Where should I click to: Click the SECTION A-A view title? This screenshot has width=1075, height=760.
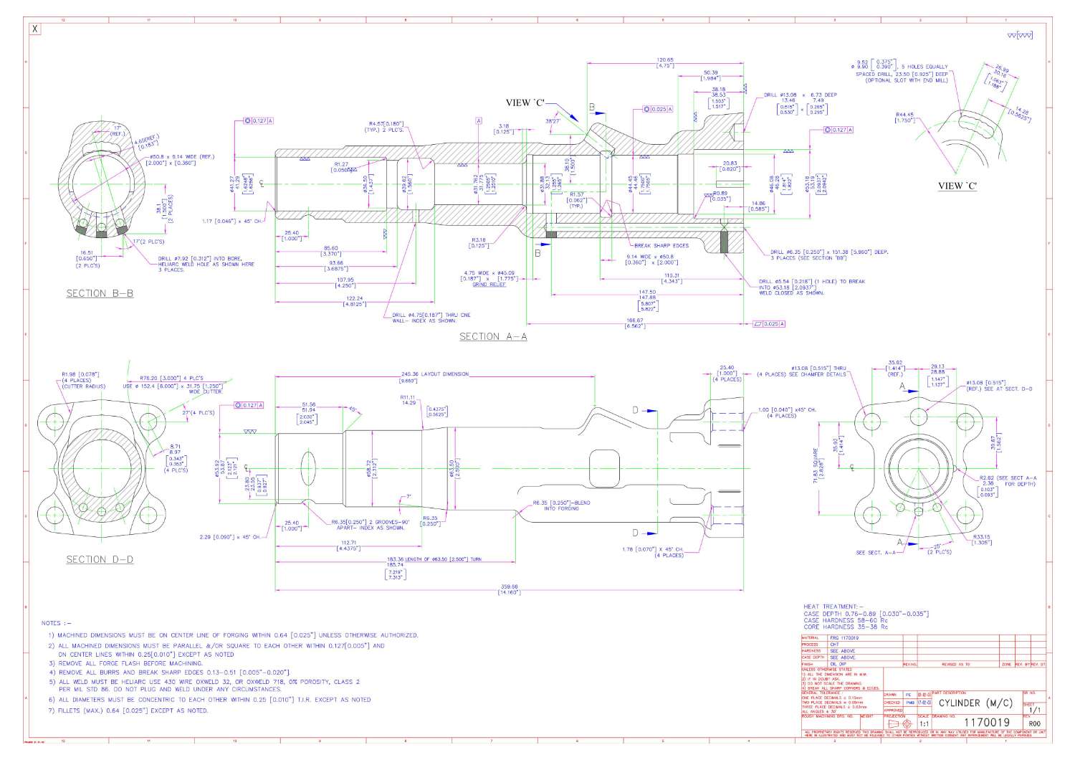(x=492, y=336)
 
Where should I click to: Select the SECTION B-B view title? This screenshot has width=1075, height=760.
(x=100, y=293)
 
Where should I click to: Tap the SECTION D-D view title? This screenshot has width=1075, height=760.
(x=100, y=559)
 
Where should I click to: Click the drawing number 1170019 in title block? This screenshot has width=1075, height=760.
(x=987, y=722)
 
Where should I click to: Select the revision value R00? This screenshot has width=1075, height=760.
(x=1033, y=723)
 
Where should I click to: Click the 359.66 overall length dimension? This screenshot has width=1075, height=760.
(x=510, y=586)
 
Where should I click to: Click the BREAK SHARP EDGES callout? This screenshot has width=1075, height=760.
(x=661, y=245)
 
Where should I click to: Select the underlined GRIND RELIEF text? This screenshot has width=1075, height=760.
(x=489, y=285)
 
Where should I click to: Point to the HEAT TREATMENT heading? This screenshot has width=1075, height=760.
(x=833, y=607)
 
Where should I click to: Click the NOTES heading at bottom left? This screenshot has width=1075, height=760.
(x=57, y=623)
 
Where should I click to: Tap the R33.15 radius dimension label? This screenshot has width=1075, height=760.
(x=982, y=536)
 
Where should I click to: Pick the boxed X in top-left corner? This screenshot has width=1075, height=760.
(x=35, y=29)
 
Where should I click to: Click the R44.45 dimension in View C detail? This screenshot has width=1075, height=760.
(x=904, y=115)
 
